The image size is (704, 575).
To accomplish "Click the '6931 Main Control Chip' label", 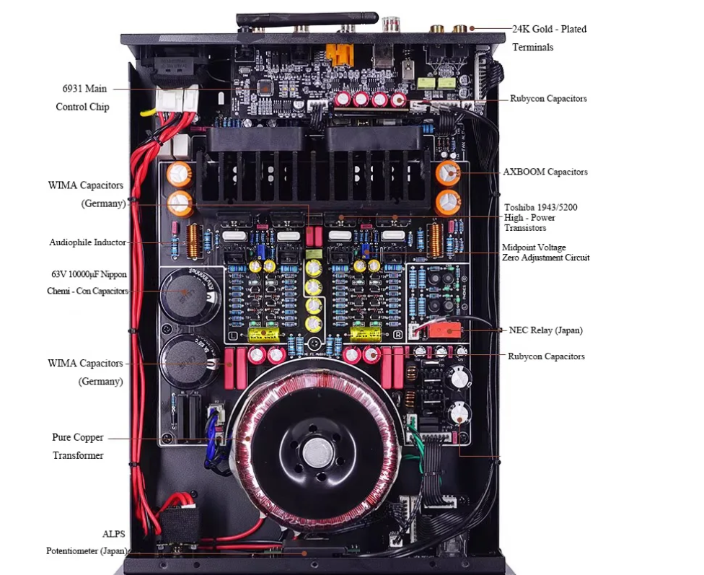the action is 83,97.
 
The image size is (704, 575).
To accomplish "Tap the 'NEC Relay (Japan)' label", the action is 545,330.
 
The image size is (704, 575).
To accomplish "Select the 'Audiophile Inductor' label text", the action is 87,242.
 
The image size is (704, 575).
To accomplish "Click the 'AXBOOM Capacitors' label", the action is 545,172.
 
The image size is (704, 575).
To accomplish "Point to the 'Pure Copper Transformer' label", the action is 78,446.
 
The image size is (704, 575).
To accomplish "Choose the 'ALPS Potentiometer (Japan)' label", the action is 87,543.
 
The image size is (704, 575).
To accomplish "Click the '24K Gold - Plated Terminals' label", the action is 550,38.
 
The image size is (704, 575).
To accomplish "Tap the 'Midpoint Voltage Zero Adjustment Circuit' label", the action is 545,253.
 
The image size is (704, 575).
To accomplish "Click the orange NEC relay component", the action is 444,330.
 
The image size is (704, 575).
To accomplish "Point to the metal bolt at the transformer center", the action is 318,452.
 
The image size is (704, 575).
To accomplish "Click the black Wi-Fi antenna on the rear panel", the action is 307,19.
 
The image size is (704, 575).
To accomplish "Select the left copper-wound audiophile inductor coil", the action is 194,241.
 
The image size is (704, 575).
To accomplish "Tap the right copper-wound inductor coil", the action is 435,240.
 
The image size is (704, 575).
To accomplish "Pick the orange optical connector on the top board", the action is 340,54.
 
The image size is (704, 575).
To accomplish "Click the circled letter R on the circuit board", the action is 397,335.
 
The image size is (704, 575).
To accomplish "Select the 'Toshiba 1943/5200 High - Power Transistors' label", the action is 540,217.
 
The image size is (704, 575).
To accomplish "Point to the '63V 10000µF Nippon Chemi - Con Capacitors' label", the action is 87,283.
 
